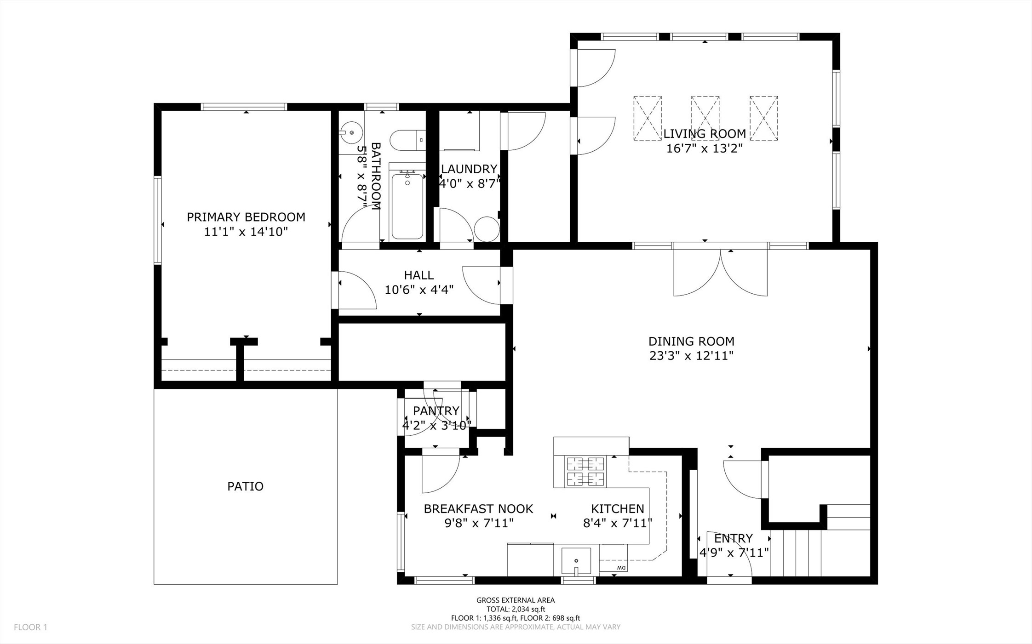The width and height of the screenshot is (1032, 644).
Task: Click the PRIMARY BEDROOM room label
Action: tap(246, 217)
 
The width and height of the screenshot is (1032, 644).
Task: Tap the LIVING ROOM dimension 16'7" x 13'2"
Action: tap(705, 148)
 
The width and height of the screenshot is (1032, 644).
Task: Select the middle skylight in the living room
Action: tap(705, 118)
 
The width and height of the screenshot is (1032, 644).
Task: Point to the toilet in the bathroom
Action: tap(407, 140)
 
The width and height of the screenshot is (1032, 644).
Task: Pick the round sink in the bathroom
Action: tap(351, 133)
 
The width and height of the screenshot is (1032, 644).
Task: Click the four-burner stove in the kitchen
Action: tap(586, 471)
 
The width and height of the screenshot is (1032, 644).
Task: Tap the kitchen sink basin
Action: tap(576, 561)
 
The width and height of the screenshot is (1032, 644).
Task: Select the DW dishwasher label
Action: tap(621, 568)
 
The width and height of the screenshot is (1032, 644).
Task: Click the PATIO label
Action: tap(245, 486)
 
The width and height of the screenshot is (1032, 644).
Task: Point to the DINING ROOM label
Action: tap(691, 342)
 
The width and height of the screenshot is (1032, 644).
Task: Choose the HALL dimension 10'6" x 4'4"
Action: tap(419, 290)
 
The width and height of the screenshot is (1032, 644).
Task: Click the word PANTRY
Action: tap(436, 410)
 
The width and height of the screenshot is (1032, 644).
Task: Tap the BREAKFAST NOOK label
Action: tap(478, 509)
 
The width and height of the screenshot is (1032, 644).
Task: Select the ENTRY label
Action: tap(733, 538)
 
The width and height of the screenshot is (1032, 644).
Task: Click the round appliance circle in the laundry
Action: tap(487, 229)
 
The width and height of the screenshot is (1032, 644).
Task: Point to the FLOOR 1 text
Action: tap(30, 627)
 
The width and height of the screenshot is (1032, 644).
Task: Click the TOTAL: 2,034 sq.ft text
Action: tap(516, 610)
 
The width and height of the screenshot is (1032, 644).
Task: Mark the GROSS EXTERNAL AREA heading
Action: tap(516, 600)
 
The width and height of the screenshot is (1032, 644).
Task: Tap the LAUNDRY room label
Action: tap(469, 169)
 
